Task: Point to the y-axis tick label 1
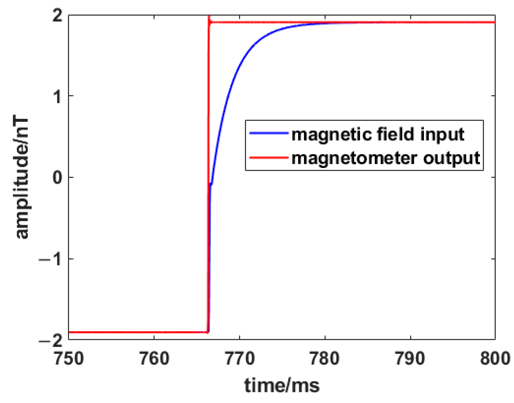pos(58,96)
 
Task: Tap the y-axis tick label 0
pos(58,177)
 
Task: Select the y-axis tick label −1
pos(52,259)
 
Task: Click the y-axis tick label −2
pos(52,340)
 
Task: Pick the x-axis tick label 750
pos(69,359)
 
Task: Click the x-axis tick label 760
pos(154,359)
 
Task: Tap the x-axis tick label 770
pos(240,359)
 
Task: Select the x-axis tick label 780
pos(325,359)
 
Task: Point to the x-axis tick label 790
pos(410,359)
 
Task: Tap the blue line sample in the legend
pos(268,133)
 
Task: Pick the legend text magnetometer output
pos(385,158)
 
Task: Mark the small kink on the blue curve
pos(211,184)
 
